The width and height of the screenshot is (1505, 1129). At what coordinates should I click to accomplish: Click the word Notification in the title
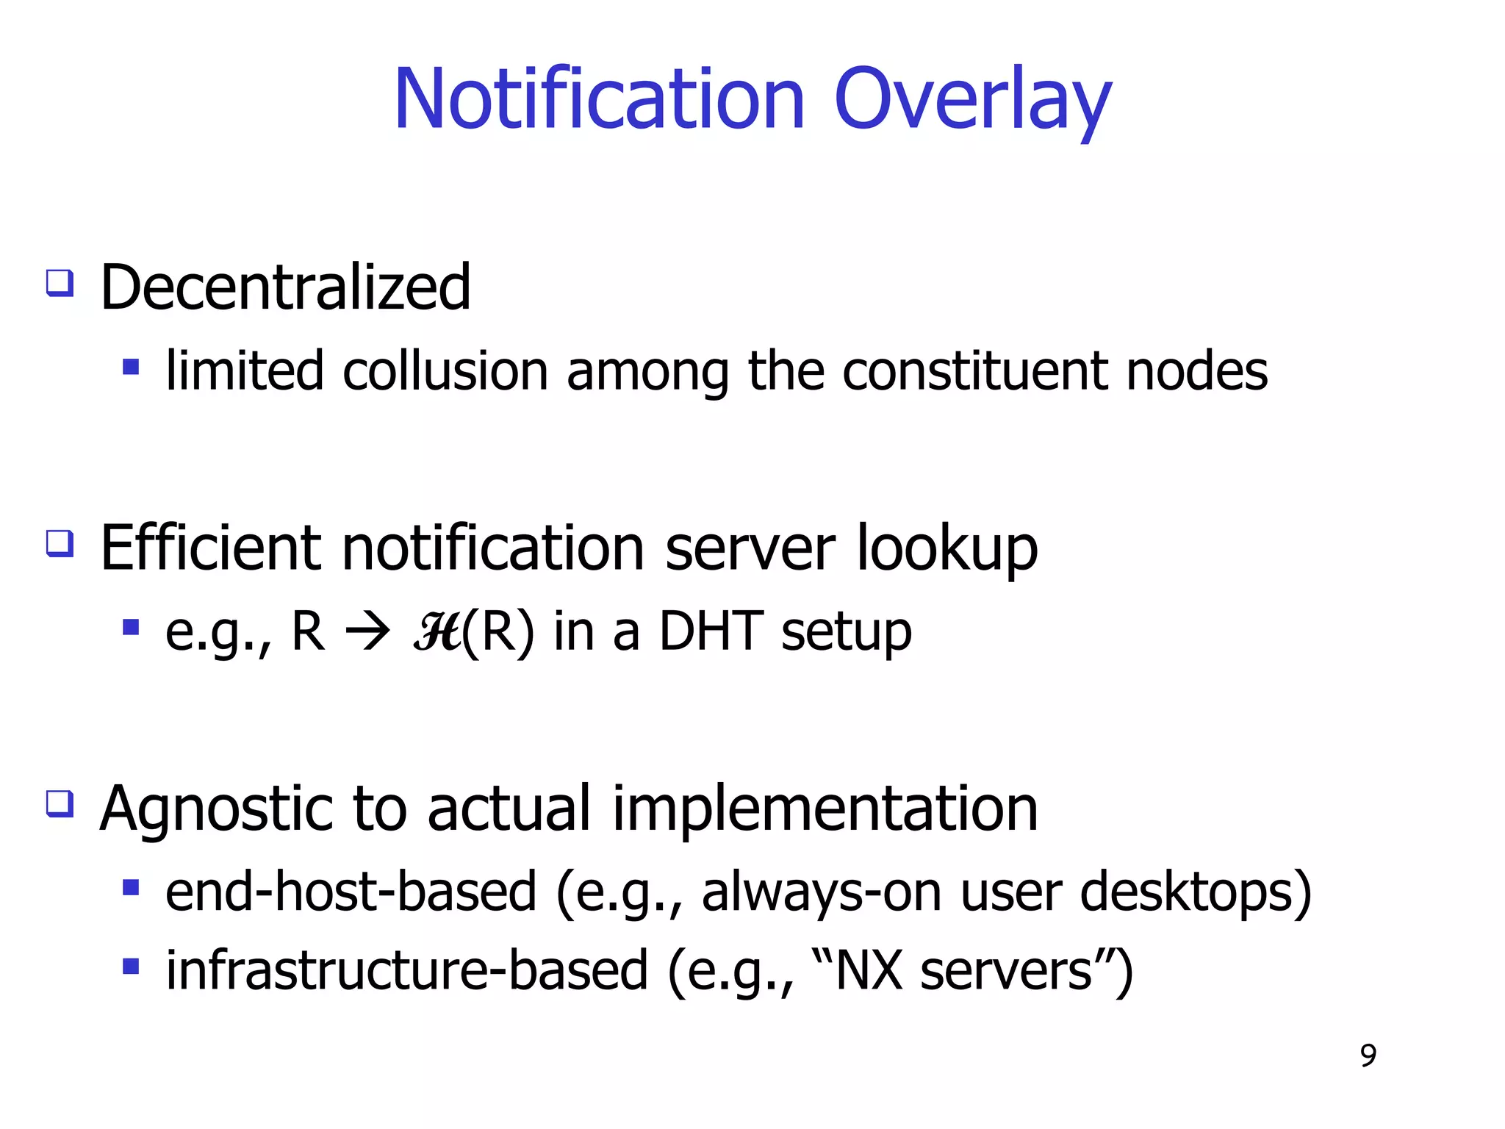599,99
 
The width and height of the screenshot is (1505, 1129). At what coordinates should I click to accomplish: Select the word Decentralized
285,287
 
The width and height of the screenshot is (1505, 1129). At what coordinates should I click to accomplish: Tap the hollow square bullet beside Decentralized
60,283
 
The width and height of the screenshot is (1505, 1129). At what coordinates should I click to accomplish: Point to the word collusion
445,371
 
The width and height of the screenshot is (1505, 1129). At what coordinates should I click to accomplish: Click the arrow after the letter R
367,631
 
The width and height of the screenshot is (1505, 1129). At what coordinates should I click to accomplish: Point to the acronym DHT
711,631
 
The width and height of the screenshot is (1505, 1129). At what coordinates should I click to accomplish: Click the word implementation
825,809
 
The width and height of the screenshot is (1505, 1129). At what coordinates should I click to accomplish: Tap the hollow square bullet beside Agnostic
60,803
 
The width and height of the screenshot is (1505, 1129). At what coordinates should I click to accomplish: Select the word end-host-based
351,892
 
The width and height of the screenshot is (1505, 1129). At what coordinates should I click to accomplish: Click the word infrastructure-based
407,971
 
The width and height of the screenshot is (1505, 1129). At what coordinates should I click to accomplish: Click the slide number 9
1368,1056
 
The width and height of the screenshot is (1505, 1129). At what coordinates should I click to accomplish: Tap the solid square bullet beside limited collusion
131,367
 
